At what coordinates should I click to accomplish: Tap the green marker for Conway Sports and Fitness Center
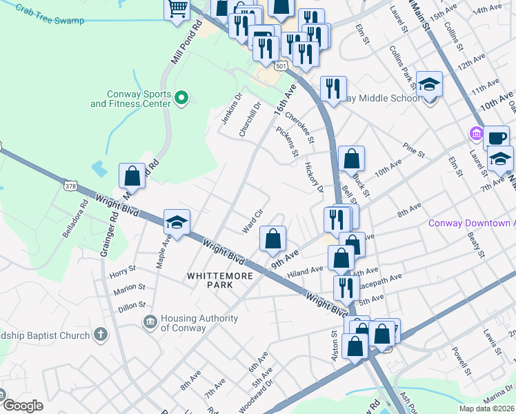[181, 99]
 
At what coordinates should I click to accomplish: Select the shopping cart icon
[177, 10]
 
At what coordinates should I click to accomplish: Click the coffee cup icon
[496, 137]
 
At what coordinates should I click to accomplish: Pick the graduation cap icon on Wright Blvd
[177, 222]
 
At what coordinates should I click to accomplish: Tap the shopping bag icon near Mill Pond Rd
[132, 175]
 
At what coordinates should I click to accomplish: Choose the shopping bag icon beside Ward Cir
[273, 239]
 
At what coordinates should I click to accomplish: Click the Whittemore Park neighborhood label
[216, 280]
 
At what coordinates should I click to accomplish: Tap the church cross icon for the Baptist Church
[101, 335]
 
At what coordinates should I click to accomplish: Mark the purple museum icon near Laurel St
[475, 132]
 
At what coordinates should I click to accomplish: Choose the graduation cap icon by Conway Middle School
[429, 84]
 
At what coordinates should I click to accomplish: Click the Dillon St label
[132, 304]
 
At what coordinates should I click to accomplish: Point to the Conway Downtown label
[471, 223]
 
